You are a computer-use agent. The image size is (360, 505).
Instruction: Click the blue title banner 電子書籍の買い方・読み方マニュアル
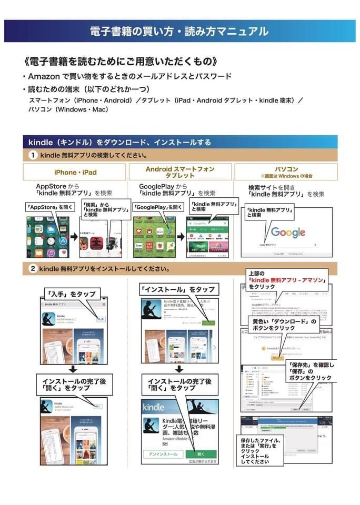[x=179, y=31]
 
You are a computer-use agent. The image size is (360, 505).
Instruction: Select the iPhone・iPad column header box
[x=75, y=172]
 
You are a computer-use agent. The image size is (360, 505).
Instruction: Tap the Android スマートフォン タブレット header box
[x=179, y=172]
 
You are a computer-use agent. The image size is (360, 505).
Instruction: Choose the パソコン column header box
[x=286, y=172]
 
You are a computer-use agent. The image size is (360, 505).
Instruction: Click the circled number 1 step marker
[x=33, y=155]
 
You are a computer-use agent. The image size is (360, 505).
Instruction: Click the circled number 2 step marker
[x=33, y=269]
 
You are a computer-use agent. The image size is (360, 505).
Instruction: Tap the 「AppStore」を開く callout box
[x=49, y=207]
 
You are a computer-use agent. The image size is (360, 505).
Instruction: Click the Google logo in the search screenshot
[x=288, y=232]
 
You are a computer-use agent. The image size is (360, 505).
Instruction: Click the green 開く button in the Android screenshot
[x=200, y=453]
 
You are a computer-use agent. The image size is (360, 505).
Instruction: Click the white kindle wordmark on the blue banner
[x=153, y=407]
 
